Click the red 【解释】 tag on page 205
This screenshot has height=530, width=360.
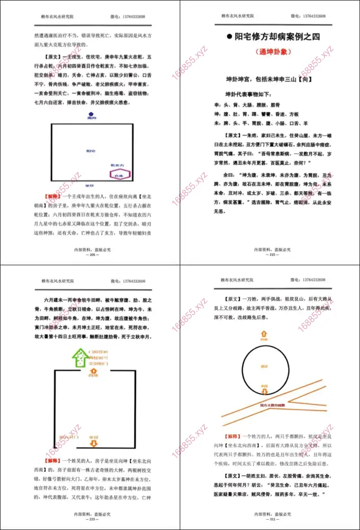pos(53,197)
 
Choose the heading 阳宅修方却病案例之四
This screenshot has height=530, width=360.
pos(277,37)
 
